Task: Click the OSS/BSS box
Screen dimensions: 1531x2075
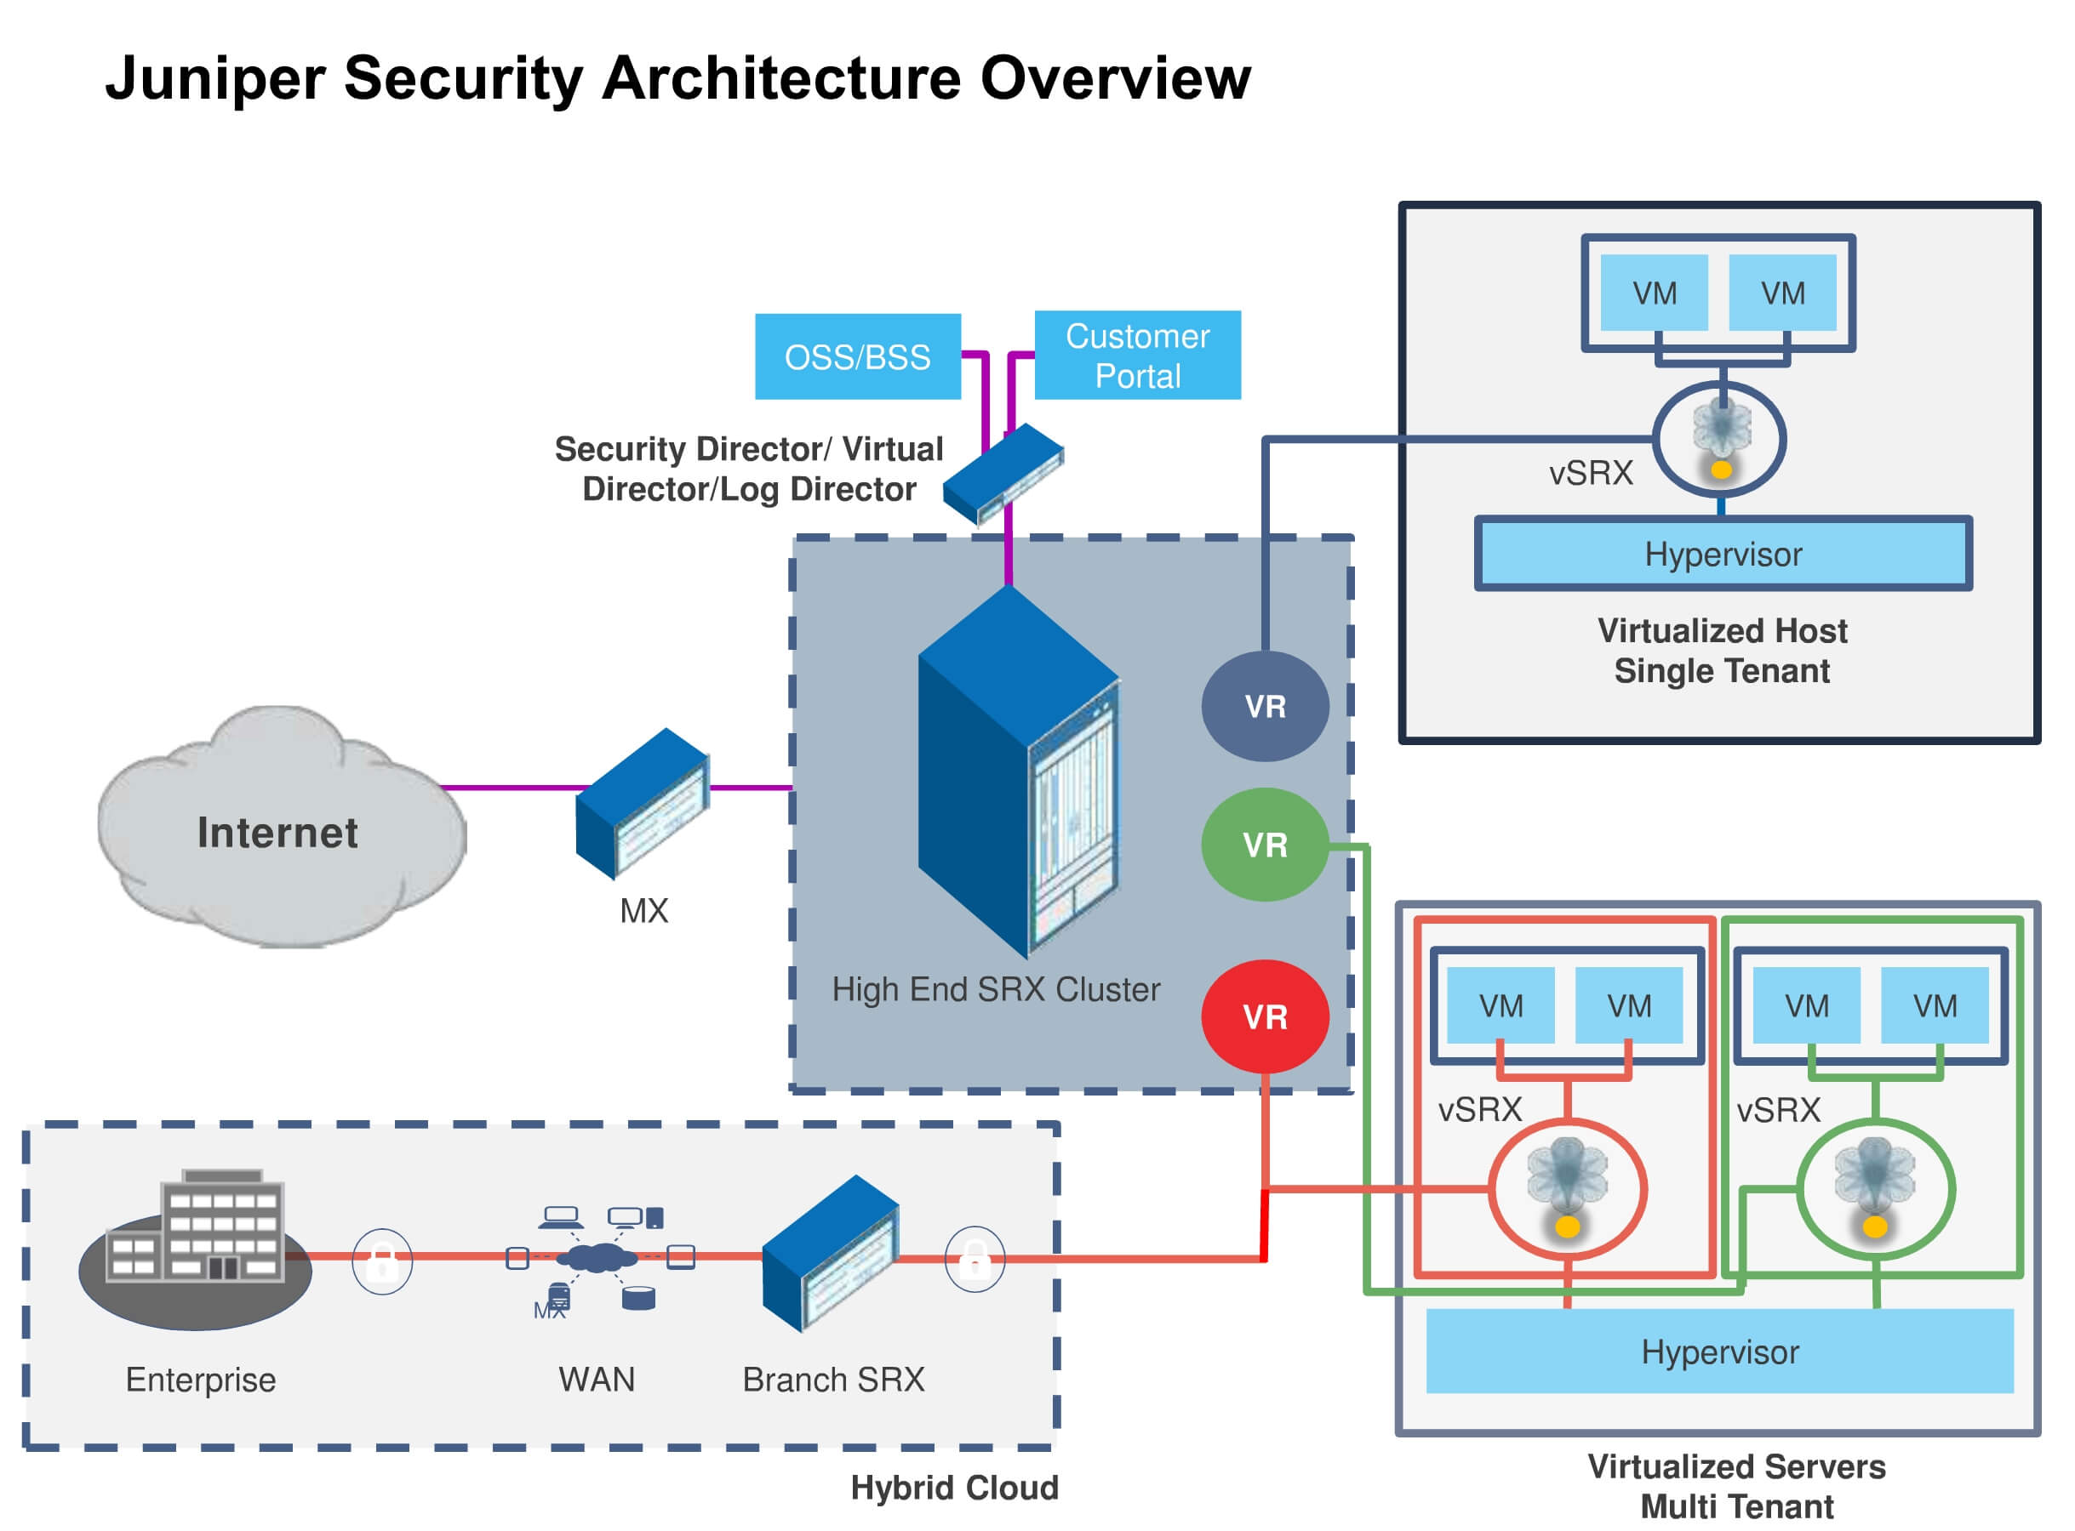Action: click(x=858, y=356)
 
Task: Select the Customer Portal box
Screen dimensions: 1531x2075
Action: click(x=1138, y=356)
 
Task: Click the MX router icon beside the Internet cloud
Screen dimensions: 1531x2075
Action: click(x=643, y=805)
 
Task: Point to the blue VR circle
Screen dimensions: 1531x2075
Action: click(x=1266, y=707)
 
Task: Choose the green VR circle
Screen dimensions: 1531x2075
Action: click(x=1266, y=845)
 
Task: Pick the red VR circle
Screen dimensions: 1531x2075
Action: click(x=1266, y=1017)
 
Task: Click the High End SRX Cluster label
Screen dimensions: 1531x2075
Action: click(x=996, y=990)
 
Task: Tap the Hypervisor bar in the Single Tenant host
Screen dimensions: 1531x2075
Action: click(x=1723, y=555)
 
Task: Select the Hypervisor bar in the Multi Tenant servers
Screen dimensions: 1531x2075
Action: click(x=1720, y=1352)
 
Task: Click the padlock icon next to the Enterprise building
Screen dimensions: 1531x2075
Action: click(x=382, y=1261)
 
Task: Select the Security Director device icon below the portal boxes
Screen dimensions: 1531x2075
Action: click(x=1003, y=474)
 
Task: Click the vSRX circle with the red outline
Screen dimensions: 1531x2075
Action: click(x=1568, y=1189)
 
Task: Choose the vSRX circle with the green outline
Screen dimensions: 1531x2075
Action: click(x=1876, y=1189)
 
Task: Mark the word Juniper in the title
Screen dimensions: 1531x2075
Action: click(x=214, y=78)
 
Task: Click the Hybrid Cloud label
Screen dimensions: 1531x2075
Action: click(x=954, y=1488)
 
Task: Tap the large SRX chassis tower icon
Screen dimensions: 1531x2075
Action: click(x=1018, y=774)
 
